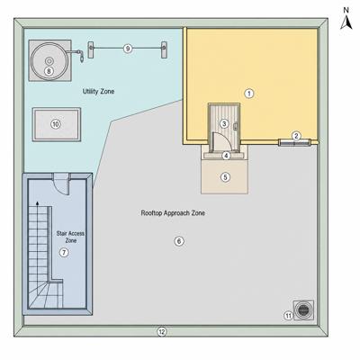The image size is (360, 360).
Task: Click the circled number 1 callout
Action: click(248, 94)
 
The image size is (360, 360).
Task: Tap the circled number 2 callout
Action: click(296, 136)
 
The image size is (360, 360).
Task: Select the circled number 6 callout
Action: click(179, 241)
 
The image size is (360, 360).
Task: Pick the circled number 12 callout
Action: click(162, 332)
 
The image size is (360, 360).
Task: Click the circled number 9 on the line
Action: click(128, 49)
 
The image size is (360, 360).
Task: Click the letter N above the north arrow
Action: click(346, 10)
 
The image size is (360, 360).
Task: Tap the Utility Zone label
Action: click(98, 91)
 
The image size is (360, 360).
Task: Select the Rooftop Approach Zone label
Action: click(173, 213)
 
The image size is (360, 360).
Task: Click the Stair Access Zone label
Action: click(71, 237)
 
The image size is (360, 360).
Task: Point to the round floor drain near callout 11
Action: click(303, 310)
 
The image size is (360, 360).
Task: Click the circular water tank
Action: click(49, 60)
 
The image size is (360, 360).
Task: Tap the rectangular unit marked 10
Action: click(57, 124)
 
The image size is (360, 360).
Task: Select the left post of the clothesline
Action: click(91, 49)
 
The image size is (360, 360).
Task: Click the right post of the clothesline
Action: click(164, 49)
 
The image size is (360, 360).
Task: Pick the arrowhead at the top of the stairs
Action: click(37, 203)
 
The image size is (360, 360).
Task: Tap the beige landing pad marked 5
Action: click(224, 176)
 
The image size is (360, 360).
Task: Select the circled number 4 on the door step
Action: click(226, 156)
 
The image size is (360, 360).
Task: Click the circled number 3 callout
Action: click(224, 123)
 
